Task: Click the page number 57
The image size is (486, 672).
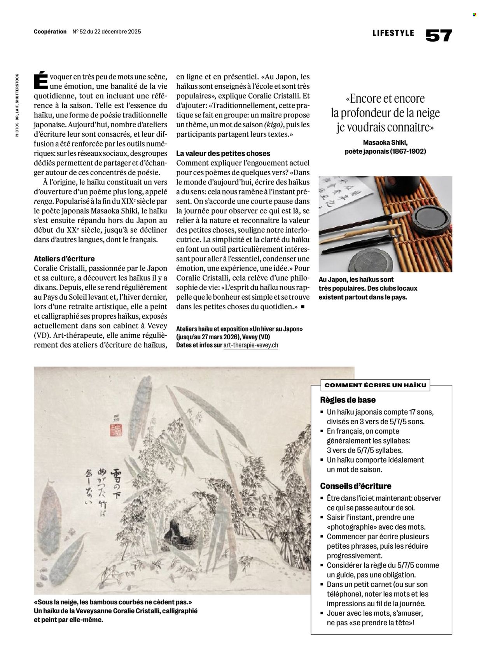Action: pyautogui.click(x=439, y=35)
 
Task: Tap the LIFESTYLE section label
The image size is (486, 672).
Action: pyautogui.click(x=393, y=33)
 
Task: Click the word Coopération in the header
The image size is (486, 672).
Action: pyautogui.click(x=50, y=32)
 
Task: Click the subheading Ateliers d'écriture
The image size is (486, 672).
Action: pyautogui.click(x=64, y=259)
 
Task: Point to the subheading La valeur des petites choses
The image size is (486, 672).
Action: pyautogui.click(x=223, y=153)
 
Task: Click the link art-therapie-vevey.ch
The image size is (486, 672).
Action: pyautogui.click(x=251, y=345)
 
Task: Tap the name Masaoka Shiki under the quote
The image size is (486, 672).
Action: pyautogui.click(x=385, y=143)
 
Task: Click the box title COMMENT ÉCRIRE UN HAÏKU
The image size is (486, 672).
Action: pyautogui.click(x=375, y=385)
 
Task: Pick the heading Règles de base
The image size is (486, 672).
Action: pyautogui.click(x=348, y=400)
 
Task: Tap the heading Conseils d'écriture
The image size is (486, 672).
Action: pyautogui.click(x=355, y=486)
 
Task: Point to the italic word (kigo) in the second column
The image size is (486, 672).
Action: pyautogui.click(x=274, y=125)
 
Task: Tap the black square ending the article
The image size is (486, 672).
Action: pyautogui.click(x=303, y=307)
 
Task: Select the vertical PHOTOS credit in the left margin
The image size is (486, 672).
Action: pyautogui.click(x=17, y=105)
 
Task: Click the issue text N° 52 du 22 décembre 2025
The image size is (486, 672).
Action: pyautogui.click(x=107, y=32)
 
